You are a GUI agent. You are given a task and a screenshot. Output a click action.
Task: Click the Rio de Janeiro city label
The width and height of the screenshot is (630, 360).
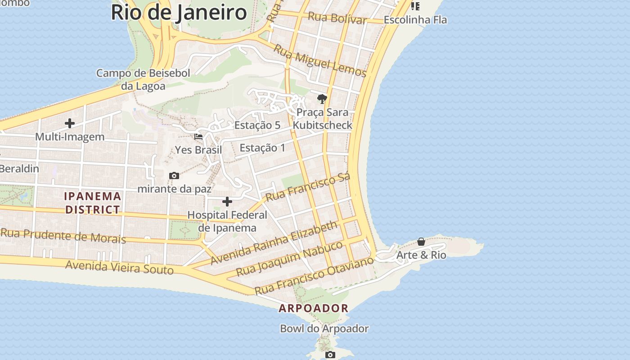pos(179,12)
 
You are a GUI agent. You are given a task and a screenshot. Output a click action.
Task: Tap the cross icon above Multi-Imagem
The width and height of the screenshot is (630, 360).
pos(70,123)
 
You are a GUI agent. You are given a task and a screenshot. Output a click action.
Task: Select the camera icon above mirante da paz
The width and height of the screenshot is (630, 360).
pos(174,175)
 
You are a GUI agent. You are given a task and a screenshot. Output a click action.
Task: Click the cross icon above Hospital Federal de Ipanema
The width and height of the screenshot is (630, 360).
pos(227,201)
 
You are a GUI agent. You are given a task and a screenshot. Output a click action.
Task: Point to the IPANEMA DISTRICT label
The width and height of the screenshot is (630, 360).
pos(93,203)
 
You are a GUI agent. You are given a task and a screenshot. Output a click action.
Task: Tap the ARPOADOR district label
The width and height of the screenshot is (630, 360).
pos(314,308)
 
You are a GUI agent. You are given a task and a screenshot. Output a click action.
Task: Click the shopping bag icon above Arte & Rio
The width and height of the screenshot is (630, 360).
pos(421,242)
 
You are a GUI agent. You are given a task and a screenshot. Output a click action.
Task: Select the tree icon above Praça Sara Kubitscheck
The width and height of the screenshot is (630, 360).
pos(322,99)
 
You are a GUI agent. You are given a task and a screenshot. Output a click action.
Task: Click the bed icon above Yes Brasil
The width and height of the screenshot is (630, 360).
pos(198,136)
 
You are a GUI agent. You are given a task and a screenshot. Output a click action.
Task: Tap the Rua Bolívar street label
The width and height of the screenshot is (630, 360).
pos(337,18)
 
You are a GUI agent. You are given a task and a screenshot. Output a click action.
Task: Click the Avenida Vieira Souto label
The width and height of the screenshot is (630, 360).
pos(119,267)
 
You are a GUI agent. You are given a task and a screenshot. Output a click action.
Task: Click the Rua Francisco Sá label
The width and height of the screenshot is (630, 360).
pos(308,188)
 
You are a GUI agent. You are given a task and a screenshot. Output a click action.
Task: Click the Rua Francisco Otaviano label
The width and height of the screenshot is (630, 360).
pos(314,275)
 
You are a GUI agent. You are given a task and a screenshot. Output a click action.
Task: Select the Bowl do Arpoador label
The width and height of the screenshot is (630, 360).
pos(324,328)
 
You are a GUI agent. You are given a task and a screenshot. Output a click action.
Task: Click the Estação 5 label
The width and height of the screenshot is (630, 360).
pos(257,126)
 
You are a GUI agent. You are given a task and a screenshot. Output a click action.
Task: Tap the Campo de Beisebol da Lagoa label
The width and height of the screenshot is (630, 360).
pos(143,79)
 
